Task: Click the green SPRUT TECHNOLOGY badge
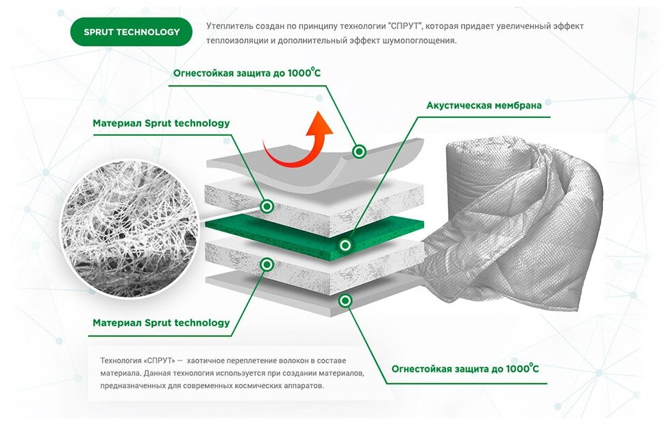tap(132, 32)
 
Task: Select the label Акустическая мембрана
tap(484, 106)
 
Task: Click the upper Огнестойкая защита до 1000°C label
tap(247, 72)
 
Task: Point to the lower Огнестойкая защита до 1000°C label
tap(465, 369)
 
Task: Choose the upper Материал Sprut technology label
tap(161, 123)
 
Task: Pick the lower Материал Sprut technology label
tap(161, 322)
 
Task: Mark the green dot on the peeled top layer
tap(358, 151)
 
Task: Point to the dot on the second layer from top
tap(268, 206)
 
